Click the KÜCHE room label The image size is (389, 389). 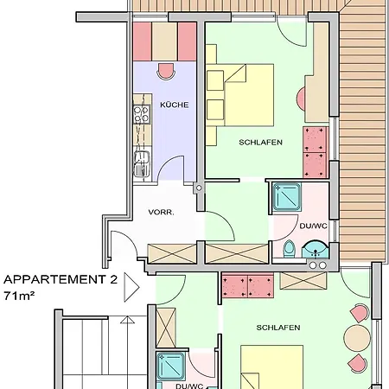pyautogui.click(x=175, y=105)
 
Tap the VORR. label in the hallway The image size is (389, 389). pyautogui.click(x=161, y=213)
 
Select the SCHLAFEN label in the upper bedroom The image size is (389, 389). pyautogui.click(x=260, y=142)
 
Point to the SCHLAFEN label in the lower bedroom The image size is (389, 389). pyautogui.click(x=278, y=328)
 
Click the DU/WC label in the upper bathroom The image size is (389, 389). pyautogui.click(x=313, y=226)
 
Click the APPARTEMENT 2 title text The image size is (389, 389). pyautogui.click(x=61, y=279)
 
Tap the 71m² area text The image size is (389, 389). pyautogui.click(x=19, y=296)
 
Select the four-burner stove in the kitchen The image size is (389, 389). pyautogui.click(x=142, y=114)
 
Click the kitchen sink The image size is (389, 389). pyautogui.click(x=142, y=163)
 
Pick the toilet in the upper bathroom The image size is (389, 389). pyautogui.click(x=289, y=249)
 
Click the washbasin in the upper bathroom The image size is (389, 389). pyautogui.click(x=315, y=251)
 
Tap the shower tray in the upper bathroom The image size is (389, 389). pyautogui.click(x=287, y=197)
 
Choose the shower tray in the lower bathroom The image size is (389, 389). pyautogui.click(x=171, y=367)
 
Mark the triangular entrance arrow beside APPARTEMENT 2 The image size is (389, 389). pyautogui.click(x=131, y=287)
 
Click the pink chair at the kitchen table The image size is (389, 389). pyautogui.click(x=166, y=71)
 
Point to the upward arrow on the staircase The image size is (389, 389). pyautogui.click(x=127, y=320)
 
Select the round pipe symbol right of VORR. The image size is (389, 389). pyautogui.click(x=199, y=188)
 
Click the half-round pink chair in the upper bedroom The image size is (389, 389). pyautogui.click(x=301, y=99)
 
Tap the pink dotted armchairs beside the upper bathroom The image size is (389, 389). pyautogui.click(x=315, y=152)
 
